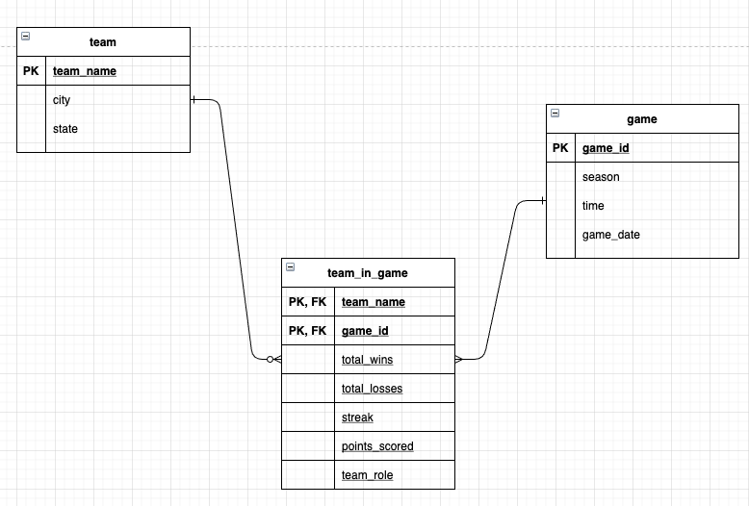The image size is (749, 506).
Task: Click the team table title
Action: click(102, 42)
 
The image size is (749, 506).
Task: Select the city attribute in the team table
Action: click(62, 100)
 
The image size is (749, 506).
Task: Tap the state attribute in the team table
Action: click(65, 129)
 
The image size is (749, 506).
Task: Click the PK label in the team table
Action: click(31, 71)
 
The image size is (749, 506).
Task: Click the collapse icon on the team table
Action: click(25, 37)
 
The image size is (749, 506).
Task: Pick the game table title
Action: click(641, 119)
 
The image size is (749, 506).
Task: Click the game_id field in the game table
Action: click(606, 148)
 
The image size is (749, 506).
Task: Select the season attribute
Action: click(601, 177)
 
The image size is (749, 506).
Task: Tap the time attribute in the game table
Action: click(593, 206)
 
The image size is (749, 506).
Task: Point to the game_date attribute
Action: click(610, 235)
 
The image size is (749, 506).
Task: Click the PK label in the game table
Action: click(560, 148)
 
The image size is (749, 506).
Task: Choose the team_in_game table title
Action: click(367, 273)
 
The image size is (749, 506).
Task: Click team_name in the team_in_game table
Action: click(373, 302)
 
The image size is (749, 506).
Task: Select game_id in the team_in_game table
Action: click(365, 331)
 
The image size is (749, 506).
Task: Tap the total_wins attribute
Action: click(367, 360)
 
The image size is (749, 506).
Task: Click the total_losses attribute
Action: click(372, 389)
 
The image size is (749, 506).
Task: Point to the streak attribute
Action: click(357, 417)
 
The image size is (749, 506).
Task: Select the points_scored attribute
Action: click(377, 446)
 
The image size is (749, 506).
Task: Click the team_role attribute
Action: click(367, 475)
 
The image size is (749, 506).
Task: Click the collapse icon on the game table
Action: click(555, 114)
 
